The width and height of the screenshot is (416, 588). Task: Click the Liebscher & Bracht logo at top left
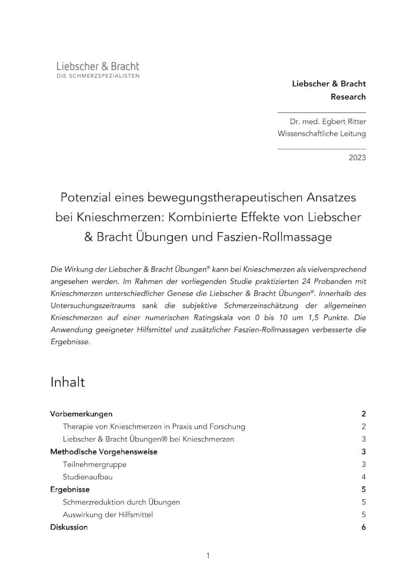[98, 69]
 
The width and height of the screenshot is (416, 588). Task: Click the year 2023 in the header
[357, 158]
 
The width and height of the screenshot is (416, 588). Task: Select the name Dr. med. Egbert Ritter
[327, 122]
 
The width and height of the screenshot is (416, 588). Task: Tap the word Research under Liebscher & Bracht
[348, 96]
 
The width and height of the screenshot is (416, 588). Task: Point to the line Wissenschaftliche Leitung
[321, 133]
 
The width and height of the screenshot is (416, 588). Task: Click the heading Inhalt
[68, 382]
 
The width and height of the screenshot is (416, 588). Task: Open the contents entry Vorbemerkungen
[81, 414]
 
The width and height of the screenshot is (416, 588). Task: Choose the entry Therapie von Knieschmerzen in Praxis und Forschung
[154, 426]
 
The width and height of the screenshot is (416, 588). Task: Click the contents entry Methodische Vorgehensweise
[104, 452]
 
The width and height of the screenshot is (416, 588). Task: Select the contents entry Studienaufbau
[87, 477]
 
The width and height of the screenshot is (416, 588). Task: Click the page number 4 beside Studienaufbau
[364, 477]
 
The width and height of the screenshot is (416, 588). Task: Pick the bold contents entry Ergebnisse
[70, 489]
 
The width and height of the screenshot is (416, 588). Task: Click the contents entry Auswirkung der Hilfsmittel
[108, 514]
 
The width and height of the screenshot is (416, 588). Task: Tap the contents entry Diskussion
[69, 527]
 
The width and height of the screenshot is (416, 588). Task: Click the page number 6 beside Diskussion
[364, 527]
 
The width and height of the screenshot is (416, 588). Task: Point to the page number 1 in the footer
[208, 556]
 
